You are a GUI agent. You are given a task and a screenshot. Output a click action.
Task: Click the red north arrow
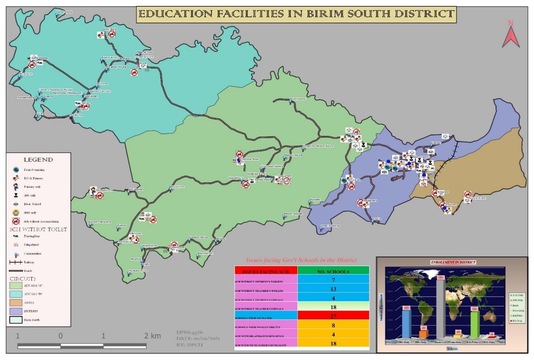point(511,36)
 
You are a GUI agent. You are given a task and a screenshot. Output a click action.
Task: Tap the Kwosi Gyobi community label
point(64,12)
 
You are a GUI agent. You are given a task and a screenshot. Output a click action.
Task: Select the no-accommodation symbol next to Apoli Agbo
point(112,35)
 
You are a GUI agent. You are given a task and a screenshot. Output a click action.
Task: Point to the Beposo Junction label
point(100,91)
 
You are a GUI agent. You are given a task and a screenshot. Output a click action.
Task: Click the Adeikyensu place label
point(298,99)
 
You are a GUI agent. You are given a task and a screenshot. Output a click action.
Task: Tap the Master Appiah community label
point(293,214)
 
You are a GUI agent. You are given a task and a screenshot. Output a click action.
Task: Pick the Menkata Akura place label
point(139,270)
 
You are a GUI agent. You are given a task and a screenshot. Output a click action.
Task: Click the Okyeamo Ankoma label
point(99,222)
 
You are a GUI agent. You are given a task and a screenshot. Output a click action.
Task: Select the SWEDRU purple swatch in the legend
point(16,311)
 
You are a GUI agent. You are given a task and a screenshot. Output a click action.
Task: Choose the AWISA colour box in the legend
point(16,303)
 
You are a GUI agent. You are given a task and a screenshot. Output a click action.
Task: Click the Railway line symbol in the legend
point(15,262)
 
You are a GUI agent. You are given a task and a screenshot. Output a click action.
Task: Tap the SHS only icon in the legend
point(16,213)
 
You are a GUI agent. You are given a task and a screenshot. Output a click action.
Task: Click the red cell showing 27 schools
point(333,316)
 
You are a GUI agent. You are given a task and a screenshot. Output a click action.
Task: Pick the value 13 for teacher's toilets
point(333,289)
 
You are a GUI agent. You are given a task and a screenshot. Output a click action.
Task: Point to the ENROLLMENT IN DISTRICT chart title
point(453,262)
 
